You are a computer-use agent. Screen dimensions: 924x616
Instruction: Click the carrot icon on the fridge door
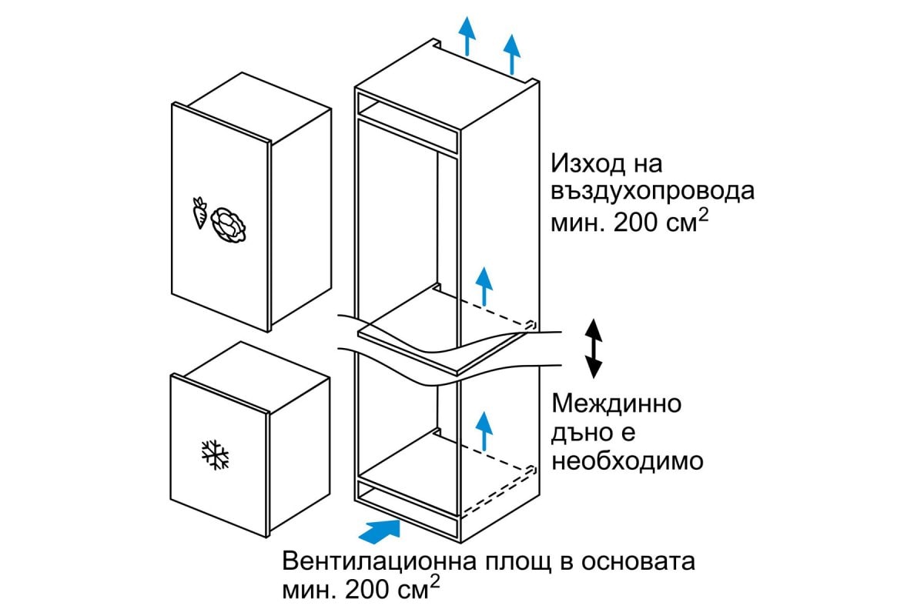tap(199, 213)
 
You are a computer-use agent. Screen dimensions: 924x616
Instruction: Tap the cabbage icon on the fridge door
tap(228, 225)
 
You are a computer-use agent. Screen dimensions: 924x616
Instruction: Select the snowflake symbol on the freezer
tap(215, 455)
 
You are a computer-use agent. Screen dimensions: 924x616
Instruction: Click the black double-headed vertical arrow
tap(594, 349)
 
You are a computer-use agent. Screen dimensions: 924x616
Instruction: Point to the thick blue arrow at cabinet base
tap(380, 531)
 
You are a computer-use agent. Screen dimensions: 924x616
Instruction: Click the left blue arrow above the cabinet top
tap(467, 36)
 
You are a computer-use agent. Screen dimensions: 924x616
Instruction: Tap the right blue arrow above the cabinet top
tap(512, 55)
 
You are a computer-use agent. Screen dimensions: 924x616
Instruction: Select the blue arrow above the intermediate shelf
tap(484, 286)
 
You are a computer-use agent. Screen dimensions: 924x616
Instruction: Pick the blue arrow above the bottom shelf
tap(484, 430)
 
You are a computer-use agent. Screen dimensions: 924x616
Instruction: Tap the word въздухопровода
tap(653, 192)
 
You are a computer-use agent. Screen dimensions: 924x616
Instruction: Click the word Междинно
tap(617, 404)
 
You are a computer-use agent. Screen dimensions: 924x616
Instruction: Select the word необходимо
tap(628, 461)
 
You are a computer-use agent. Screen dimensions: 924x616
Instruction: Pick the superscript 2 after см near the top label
tap(704, 216)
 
